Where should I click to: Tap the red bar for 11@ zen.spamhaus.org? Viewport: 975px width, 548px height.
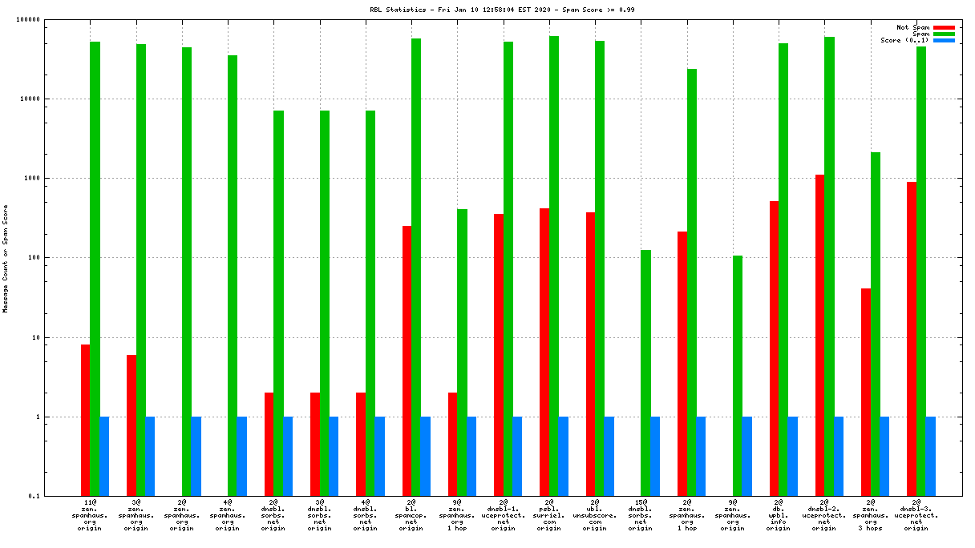[x=85, y=420]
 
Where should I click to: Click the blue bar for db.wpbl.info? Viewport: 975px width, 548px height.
[x=792, y=456]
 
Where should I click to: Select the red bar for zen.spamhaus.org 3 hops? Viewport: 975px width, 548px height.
[x=865, y=392]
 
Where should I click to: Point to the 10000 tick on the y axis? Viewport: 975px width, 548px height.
[x=51, y=99]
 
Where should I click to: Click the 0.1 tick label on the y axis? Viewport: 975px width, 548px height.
[x=55, y=497]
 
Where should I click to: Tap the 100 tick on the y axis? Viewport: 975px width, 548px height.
[x=55, y=258]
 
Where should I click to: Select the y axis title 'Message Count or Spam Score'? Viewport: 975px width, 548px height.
[x=6, y=258]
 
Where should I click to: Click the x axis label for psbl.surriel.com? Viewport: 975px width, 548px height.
[x=549, y=514]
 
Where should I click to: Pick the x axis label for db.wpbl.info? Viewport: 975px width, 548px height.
[x=779, y=514]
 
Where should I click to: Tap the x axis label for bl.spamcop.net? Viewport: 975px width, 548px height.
[x=411, y=514]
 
